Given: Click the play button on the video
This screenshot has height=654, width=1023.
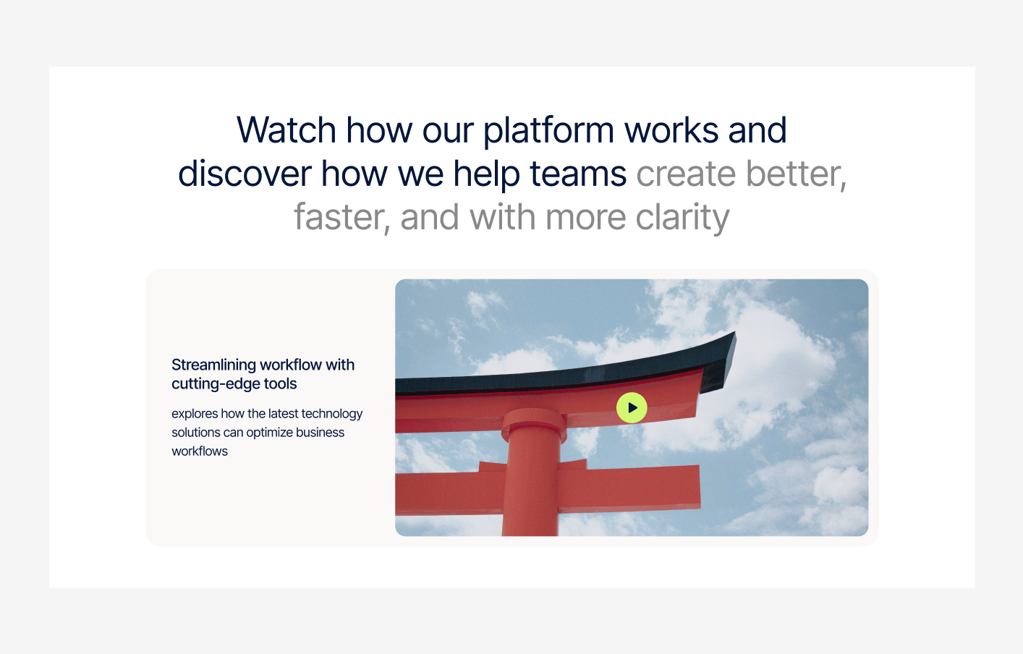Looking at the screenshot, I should [x=632, y=408].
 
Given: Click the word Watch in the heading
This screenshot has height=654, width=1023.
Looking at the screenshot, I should [x=286, y=131].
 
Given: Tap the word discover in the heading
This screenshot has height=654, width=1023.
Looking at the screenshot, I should [x=245, y=174].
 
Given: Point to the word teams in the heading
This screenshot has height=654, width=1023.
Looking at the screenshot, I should [x=577, y=174].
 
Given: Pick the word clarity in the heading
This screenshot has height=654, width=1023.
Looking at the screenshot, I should [x=682, y=218].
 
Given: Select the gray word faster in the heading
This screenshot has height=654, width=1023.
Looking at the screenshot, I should [x=341, y=218].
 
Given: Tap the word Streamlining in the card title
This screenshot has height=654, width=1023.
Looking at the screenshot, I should [x=214, y=365].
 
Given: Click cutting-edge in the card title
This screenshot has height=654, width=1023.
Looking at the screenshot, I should [x=215, y=384].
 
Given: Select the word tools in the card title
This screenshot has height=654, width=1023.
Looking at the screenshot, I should [x=280, y=384].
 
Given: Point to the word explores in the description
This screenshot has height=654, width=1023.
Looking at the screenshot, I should [x=195, y=414].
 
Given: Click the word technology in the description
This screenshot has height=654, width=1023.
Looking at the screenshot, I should [x=331, y=414].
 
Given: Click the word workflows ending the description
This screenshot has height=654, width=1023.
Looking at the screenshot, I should [x=200, y=451].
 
